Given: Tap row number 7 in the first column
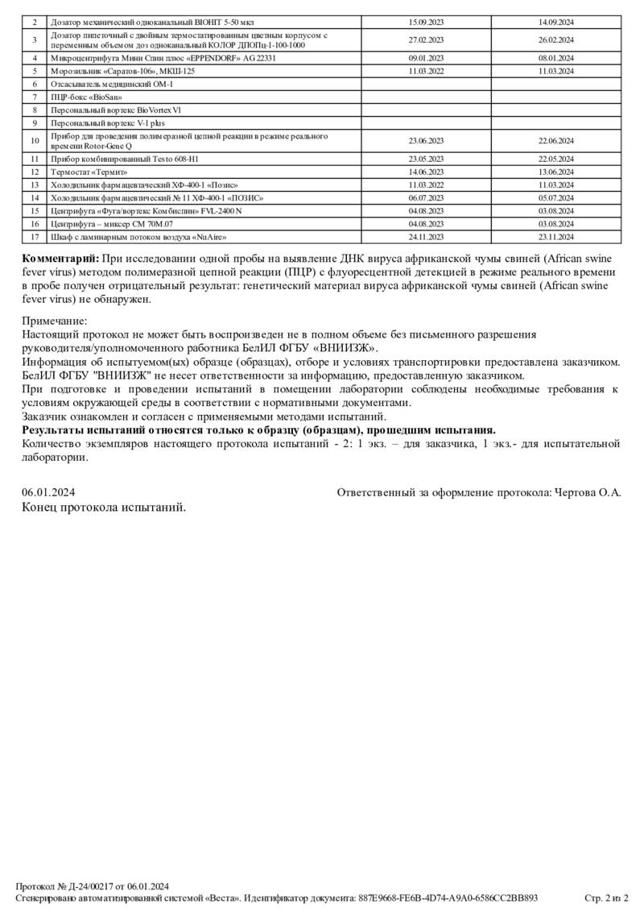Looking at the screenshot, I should pyautogui.click(x=35, y=97).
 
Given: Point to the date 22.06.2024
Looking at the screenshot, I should pyautogui.click(x=555, y=140).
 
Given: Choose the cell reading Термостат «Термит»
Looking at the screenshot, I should pyautogui.click(x=89, y=172).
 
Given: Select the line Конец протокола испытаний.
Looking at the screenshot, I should pyautogui.click(x=104, y=508).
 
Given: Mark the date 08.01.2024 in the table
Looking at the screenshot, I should pyautogui.click(x=555, y=58).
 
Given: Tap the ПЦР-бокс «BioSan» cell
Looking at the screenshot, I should pyautogui.click(x=80, y=97).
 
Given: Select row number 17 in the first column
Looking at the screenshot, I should pyautogui.click(x=35, y=238).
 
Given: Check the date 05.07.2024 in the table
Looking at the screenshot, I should pyautogui.click(x=555, y=197).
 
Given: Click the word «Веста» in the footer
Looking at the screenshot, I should pyautogui.click(x=221, y=897).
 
